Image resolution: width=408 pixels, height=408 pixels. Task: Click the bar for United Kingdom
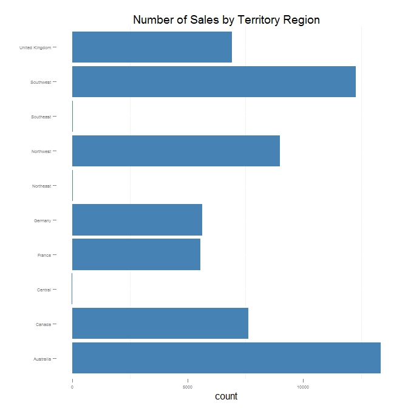coord(152,47)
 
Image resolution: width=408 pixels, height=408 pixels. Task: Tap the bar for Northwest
coord(176,151)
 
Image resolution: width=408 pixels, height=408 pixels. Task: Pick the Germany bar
coord(137,220)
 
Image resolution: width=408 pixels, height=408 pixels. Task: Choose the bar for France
coord(136,254)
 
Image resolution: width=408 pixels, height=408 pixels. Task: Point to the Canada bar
coord(160,324)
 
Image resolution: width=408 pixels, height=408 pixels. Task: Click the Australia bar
coord(226,358)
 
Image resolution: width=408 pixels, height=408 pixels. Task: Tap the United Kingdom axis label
coord(35,47)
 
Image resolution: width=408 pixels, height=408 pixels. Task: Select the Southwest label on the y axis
coord(41,82)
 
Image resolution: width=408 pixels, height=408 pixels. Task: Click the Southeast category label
coord(41,117)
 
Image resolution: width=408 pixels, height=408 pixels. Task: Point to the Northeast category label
coord(41,186)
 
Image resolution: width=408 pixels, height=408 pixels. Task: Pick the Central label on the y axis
coord(44,290)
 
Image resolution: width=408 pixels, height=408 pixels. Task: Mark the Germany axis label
coord(42,220)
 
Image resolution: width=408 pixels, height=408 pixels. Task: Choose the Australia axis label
coord(42,359)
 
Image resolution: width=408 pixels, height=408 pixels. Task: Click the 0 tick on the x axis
coord(72,387)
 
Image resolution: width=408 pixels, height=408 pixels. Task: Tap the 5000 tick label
coord(188,387)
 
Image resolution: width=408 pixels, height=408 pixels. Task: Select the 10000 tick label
coord(303,387)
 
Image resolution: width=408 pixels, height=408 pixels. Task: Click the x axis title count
coord(226,396)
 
